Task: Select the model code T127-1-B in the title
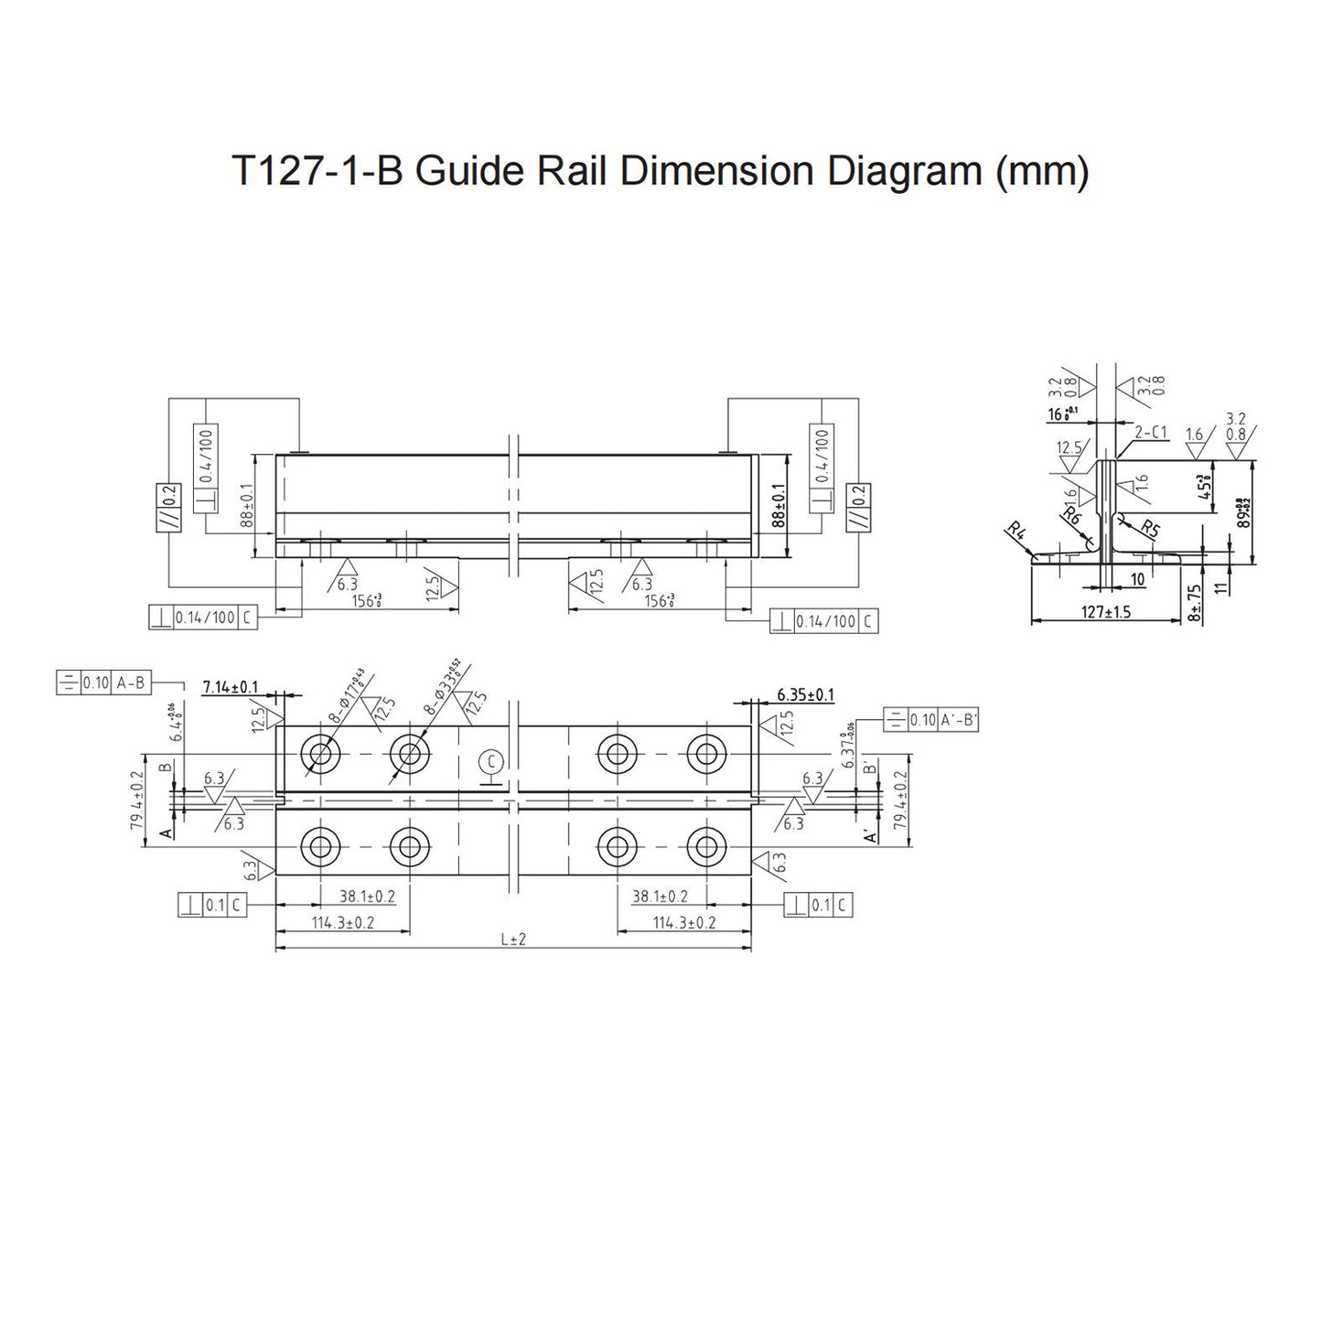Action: point(317,171)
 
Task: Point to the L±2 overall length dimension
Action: point(514,940)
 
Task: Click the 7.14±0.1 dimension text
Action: point(231,687)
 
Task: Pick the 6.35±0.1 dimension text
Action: point(805,695)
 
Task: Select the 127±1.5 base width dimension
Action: point(1105,612)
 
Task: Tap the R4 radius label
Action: point(1015,530)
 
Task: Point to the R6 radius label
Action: point(1071,515)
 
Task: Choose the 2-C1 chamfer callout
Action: point(1151,433)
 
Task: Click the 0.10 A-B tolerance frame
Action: point(104,682)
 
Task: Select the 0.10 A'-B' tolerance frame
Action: point(931,720)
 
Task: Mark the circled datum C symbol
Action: point(491,761)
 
